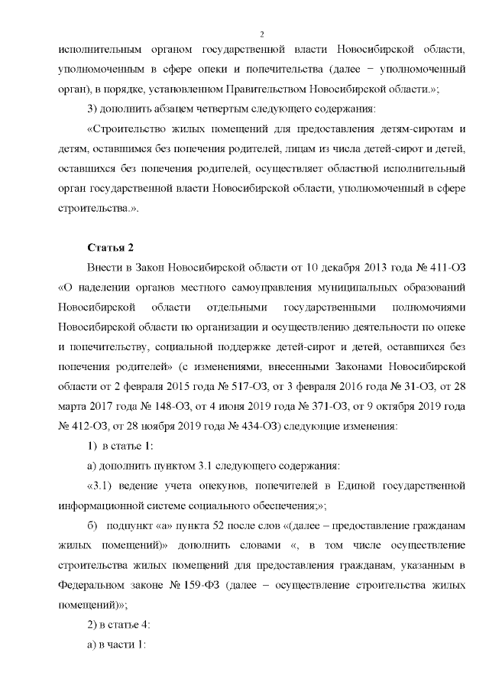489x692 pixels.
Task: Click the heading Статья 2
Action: pos(111,246)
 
